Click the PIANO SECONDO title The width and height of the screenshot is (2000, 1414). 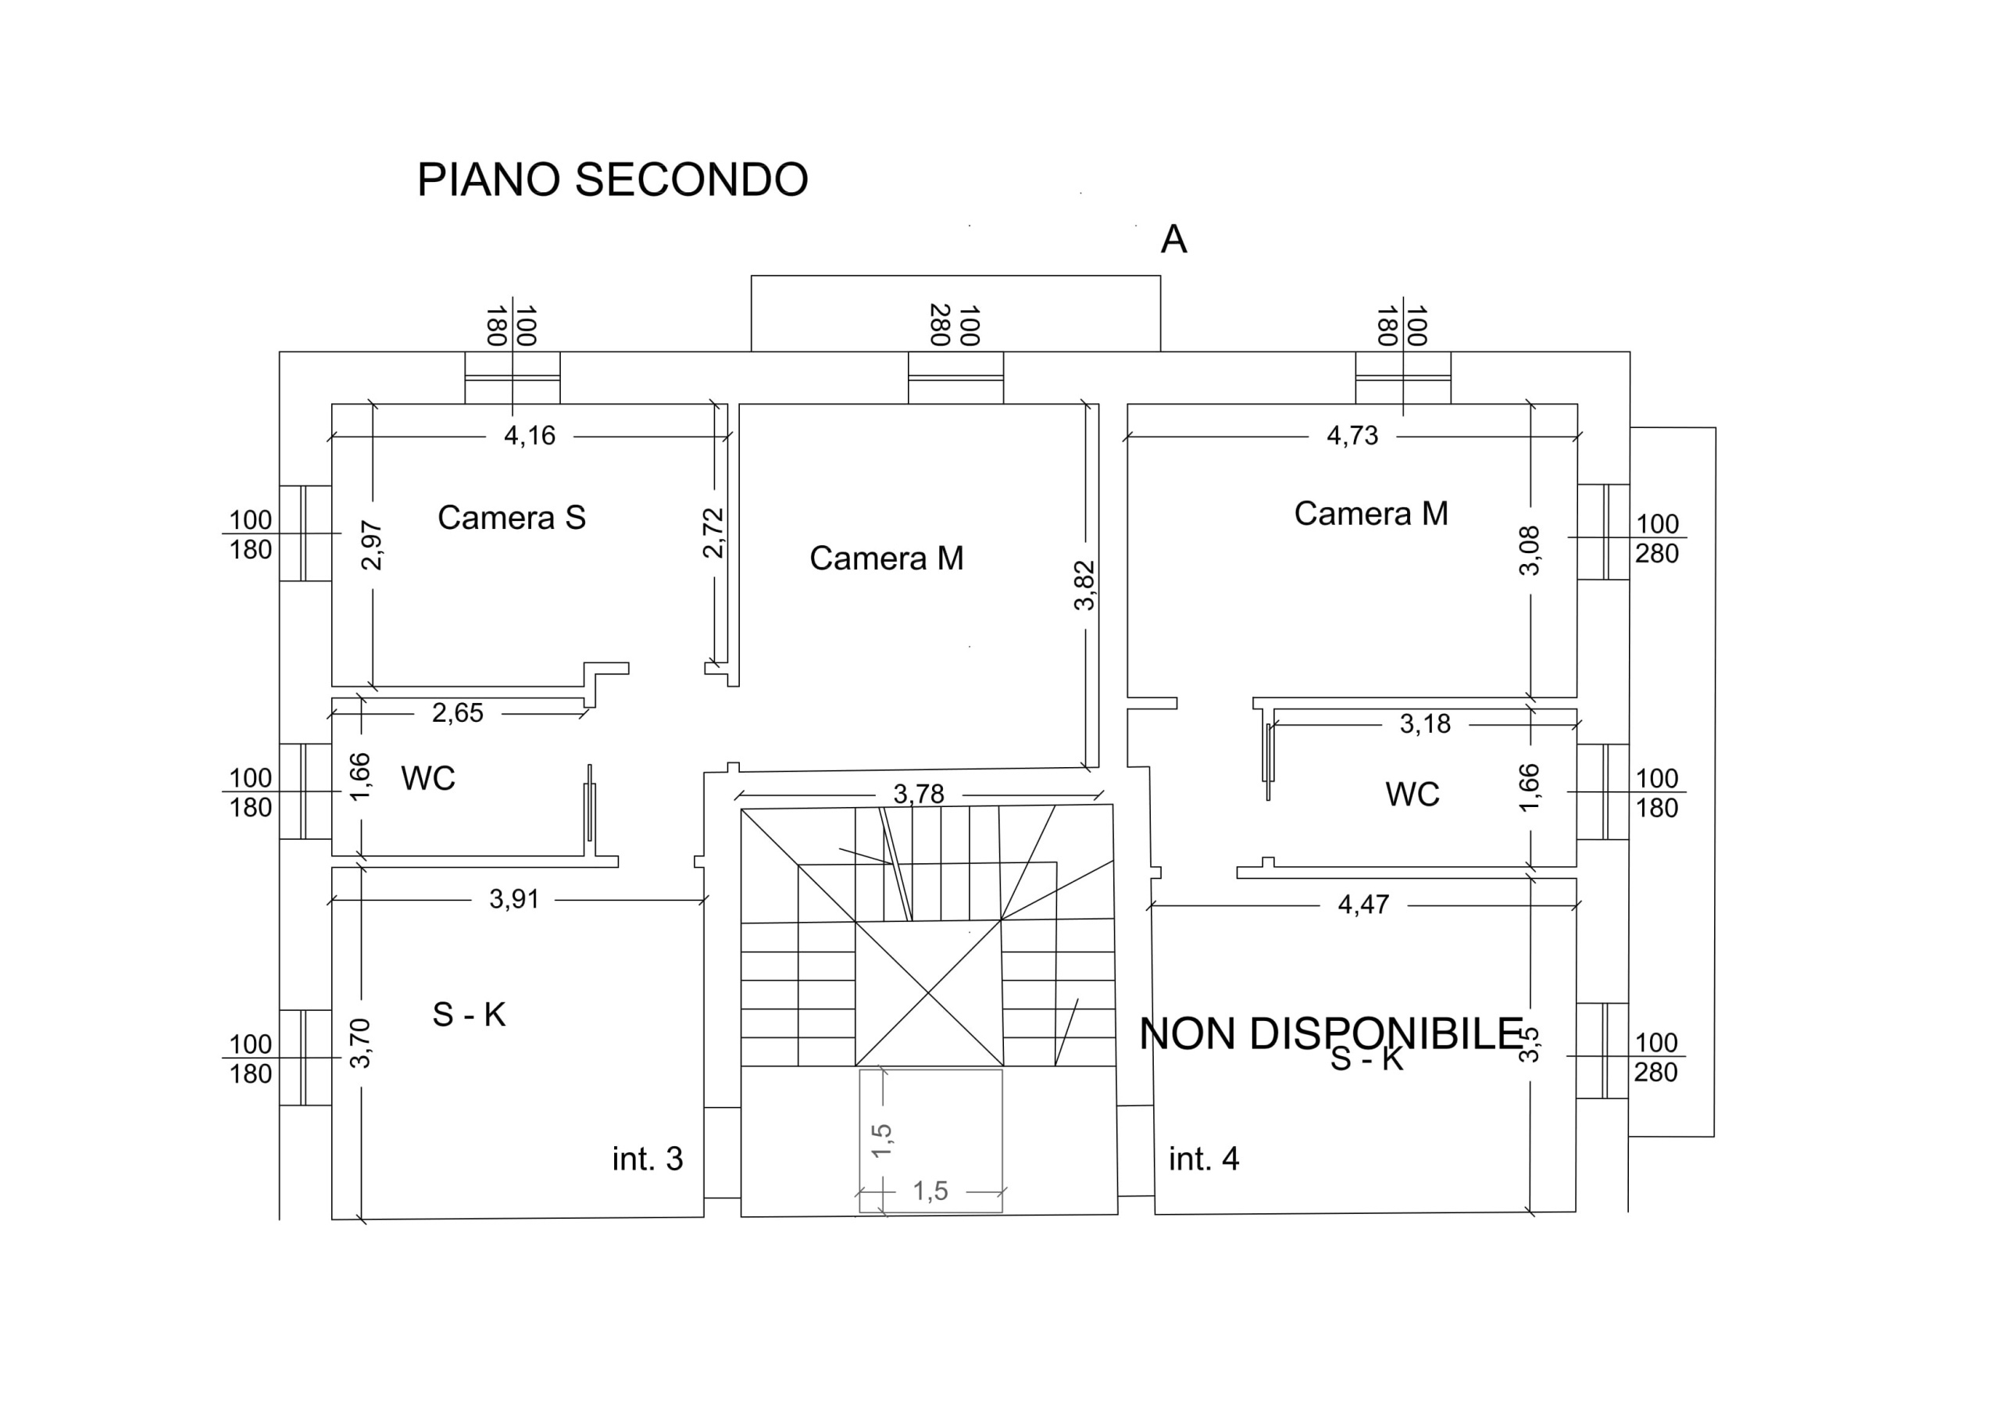click(612, 180)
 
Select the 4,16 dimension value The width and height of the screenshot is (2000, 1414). click(530, 436)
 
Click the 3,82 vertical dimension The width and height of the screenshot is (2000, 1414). click(1084, 584)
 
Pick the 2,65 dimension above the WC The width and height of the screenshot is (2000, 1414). click(457, 713)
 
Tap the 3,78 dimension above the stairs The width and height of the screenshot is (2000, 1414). click(918, 794)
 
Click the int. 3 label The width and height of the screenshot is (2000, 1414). click(647, 1159)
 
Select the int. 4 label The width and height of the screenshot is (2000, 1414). click(1204, 1159)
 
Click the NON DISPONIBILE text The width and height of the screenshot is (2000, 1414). click(1331, 1034)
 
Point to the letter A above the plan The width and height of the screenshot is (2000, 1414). click(1173, 240)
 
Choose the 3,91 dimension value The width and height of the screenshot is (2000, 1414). click(514, 899)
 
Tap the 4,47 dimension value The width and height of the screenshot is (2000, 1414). click(1363, 905)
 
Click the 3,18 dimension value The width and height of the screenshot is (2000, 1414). click(1425, 724)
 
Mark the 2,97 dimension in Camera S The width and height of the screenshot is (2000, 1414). click(373, 545)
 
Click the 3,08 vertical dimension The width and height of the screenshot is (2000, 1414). click(1530, 551)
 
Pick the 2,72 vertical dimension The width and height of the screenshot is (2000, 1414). click(714, 534)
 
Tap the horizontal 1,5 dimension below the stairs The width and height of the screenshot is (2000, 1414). click(930, 1191)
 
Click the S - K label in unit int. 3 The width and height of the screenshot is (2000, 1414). click(469, 1014)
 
